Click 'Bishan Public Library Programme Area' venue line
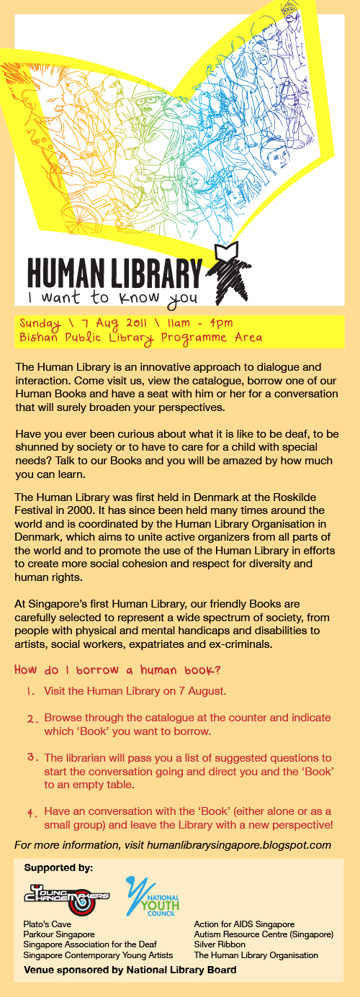(x=141, y=337)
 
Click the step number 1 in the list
(x=31, y=691)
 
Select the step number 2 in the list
(x=32, y=718)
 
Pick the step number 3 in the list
(x=32, y=758)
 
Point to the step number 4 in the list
(x=32, y=813)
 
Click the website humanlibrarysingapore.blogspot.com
(x=238, y=844)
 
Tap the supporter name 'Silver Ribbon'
(x=220, y=944)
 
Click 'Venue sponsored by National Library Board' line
(x=130, y=970)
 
